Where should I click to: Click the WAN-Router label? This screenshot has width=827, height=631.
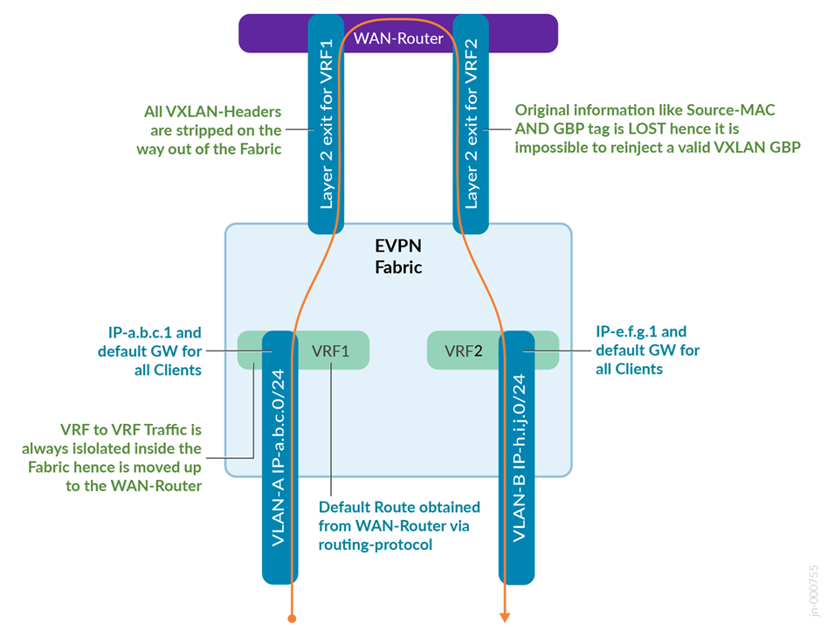(x=397, y=38)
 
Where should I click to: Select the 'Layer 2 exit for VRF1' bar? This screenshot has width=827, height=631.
(x=327, y=122)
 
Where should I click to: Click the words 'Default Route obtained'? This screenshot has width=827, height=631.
(x=399, y=508)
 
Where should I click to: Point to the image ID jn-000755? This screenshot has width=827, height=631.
(x=814, y=592)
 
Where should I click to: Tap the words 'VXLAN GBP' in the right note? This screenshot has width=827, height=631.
(x=763, y=148)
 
